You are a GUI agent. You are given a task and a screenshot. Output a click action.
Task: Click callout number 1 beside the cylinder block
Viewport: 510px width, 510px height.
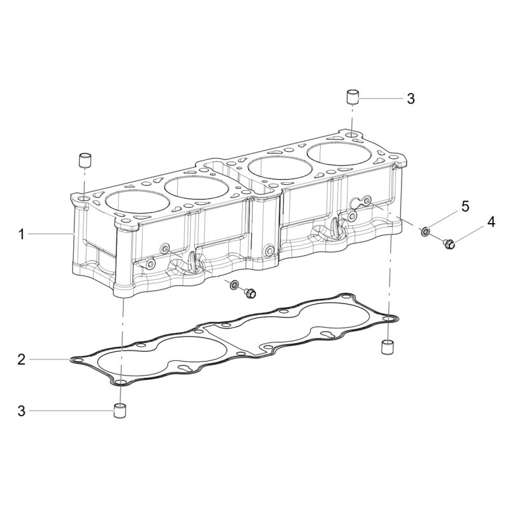click(22, 234)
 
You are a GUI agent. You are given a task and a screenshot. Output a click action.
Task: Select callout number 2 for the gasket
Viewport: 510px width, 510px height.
click(22, 360)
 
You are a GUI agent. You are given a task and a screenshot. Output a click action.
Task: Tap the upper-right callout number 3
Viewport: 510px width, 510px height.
click(411, 99)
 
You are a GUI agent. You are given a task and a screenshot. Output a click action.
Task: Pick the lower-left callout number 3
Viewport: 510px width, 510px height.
click(22, 411)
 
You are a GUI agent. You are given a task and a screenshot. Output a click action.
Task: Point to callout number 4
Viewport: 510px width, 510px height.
click(491, 222)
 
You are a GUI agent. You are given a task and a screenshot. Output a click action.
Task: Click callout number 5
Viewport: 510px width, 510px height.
click(465, 206)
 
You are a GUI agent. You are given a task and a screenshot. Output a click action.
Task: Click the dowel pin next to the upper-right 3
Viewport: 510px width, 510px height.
click(352, 97)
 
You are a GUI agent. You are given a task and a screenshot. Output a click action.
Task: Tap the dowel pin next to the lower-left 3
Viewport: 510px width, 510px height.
click(120, 411)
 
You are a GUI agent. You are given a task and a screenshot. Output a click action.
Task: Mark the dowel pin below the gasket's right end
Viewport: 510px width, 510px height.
click(387, 347)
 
